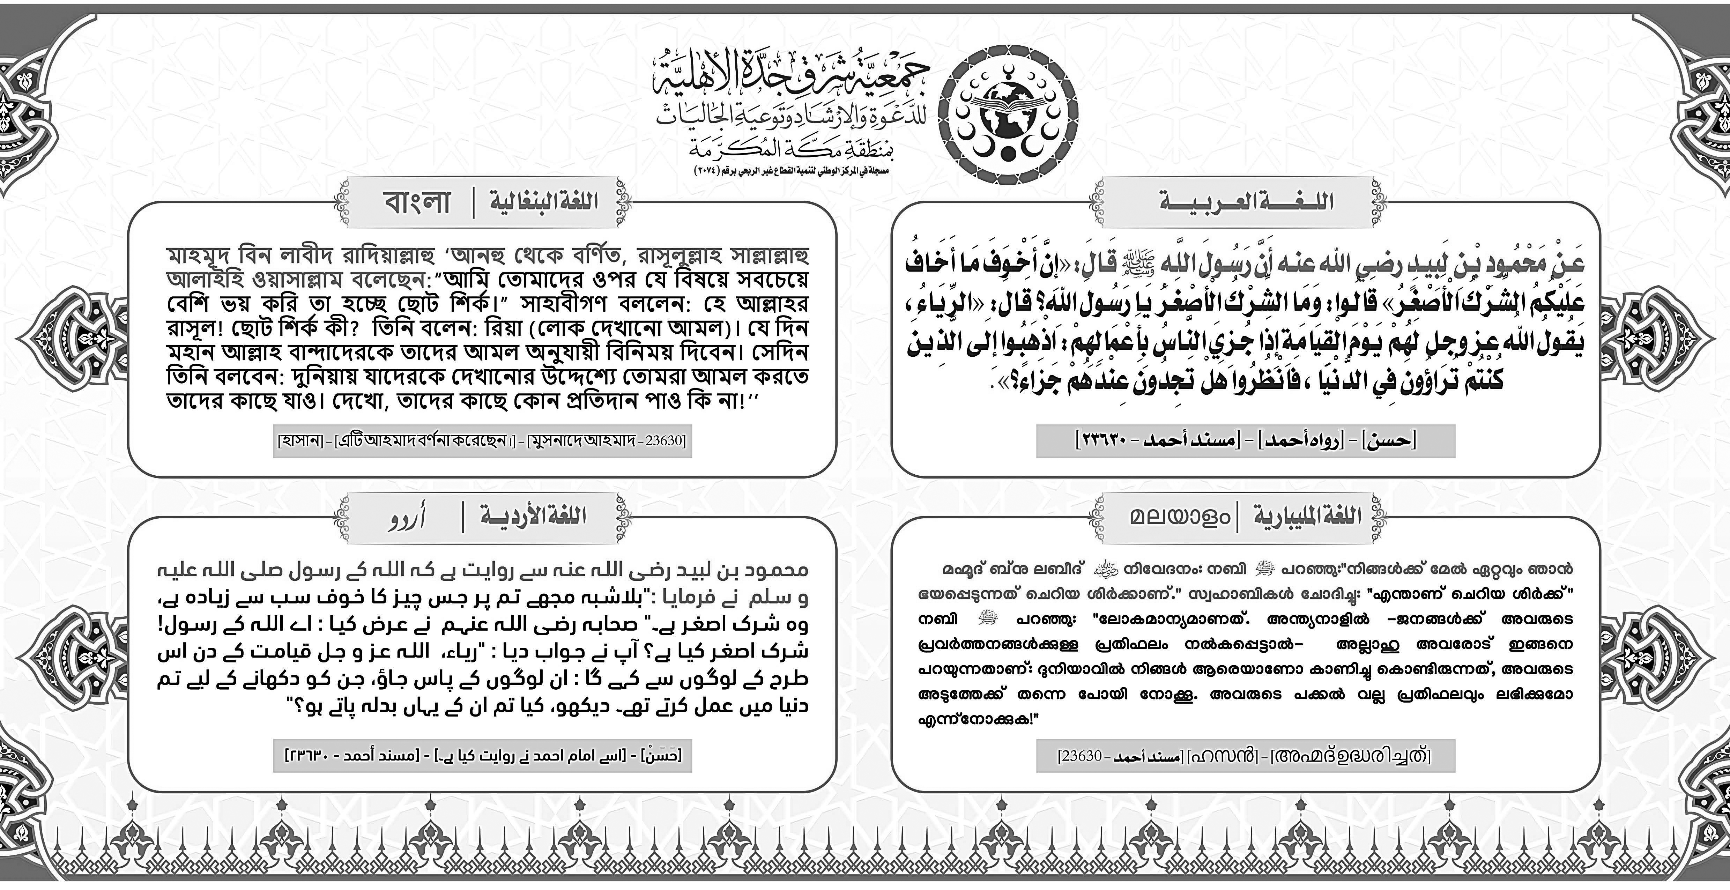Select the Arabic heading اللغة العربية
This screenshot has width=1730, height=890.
[x=1246, y=201]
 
